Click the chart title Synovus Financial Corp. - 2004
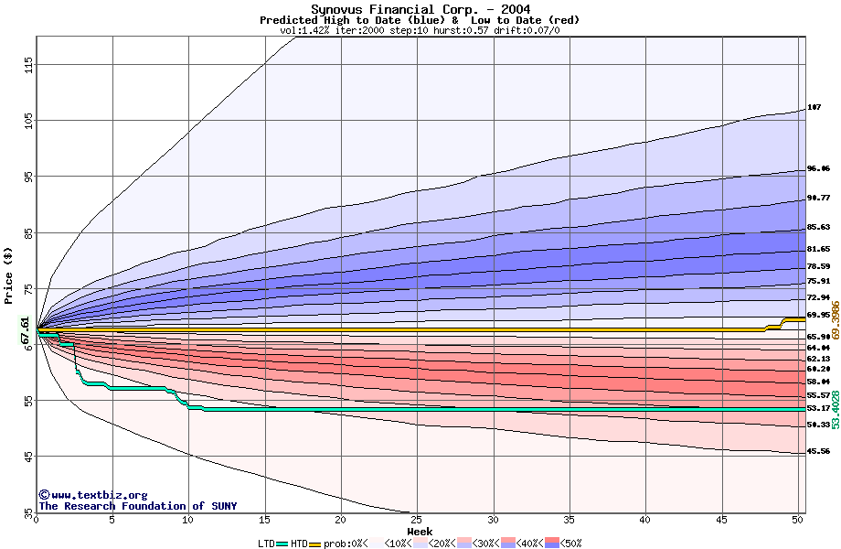coord(420,9)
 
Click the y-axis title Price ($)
coord(9,274)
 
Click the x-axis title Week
coord(420,531)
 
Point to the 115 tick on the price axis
coord(29,64)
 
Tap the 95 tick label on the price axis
coord(29,177)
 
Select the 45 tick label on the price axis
coord(29,456)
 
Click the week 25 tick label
coord(417,520)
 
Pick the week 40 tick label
coord(645,520)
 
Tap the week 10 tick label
coord(188,520)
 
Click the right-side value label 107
coord(814,107)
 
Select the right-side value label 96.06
coord(818,168)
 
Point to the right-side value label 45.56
coord(818,451)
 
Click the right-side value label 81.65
coord(818,249)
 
